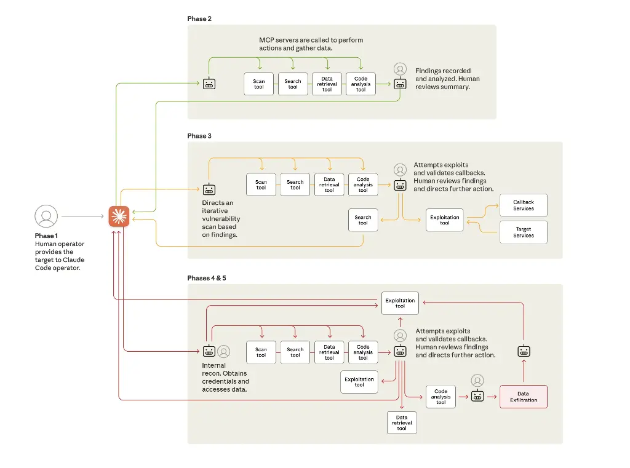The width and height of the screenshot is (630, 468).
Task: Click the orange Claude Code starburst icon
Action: tap(119, 216)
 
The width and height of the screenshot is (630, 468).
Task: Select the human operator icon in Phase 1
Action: tap(46, 216)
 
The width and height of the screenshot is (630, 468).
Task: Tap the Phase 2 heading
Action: tap(199, 19)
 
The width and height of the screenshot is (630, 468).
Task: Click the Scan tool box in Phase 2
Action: tap(259, 84)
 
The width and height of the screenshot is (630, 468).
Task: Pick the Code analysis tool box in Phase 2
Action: tap(361, 84)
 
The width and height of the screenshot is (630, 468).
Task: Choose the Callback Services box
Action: tap(524, 205)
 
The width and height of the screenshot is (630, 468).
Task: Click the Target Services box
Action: tap(524, 232)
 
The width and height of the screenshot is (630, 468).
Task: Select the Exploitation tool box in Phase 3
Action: tap(444, 220)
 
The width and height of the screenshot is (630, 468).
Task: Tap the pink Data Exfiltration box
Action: tap(523, 397)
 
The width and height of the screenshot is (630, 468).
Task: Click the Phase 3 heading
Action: tap(199, 136)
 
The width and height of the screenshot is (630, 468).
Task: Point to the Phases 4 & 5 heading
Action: tap(207, 278)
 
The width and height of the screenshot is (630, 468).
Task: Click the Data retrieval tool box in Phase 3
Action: tap(329, 185)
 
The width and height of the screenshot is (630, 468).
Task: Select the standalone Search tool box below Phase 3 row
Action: tap(363, 220)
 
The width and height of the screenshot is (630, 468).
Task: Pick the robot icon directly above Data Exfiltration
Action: tap(524, 352)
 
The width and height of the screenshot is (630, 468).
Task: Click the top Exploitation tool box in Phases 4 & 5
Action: tap(400, 303)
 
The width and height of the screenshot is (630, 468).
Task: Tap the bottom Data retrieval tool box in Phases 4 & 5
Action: tap(402, 423)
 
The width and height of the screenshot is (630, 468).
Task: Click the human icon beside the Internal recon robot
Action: tap(224, 351)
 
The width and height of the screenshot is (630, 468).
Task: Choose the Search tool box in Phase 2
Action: tap(293, 84)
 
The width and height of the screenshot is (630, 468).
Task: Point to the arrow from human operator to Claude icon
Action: tap(82, 216)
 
